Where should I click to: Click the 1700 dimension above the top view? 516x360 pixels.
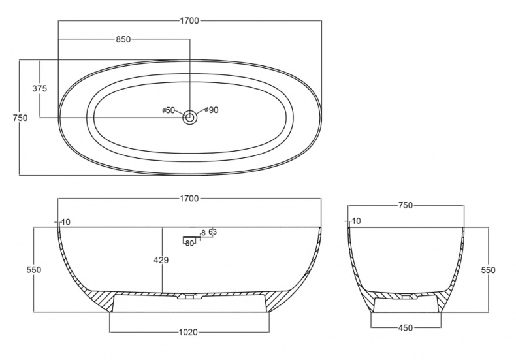[x=189, y=20]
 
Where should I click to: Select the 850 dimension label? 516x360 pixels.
[x=123, y=39]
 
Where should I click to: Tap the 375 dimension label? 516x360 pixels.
[x=40, y=88]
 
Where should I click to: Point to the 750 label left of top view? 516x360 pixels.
[x=20, y=118]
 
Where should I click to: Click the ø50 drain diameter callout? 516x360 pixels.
[x=169, y=110]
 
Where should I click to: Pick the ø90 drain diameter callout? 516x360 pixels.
[x=211, y=110]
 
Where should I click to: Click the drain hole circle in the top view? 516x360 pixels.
[x=190, y=117]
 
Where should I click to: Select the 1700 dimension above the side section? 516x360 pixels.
[x=189, y=199]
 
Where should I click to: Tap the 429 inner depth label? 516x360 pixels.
[x=161, y=260]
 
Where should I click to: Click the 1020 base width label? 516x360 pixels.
[x=188, y=332]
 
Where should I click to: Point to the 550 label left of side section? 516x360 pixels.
[x=34, y=270]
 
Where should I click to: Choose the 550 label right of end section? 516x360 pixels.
[x=488, y=270]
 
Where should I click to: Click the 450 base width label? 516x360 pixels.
[x=406, y=328]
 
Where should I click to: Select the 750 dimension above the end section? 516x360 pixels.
[x=406, y=205]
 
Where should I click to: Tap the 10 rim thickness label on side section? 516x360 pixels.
[x=66, y=222]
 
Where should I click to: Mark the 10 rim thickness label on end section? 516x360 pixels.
[x=356, y=221]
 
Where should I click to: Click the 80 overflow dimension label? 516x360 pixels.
[x=189, y=244]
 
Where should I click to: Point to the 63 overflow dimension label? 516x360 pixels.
[x=213, y=232]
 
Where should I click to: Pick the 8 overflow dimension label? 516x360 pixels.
[x=203, y=233]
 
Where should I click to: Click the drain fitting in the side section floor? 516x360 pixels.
[x=190, y=297]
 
